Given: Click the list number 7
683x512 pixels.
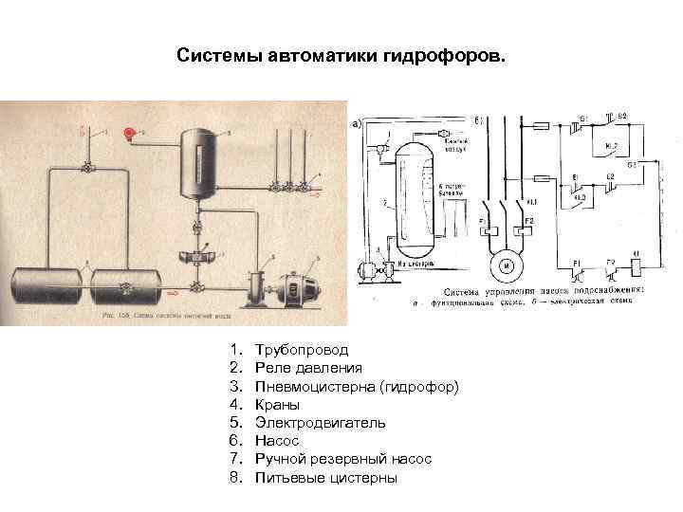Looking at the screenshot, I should click(234, 459).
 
